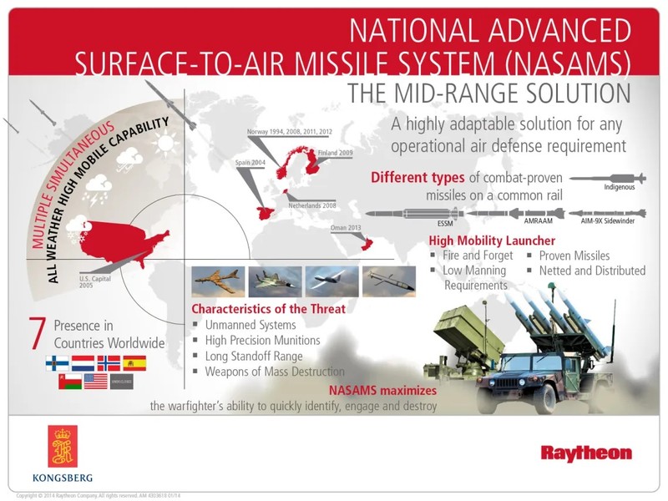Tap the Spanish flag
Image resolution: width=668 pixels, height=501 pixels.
tap(134, 362)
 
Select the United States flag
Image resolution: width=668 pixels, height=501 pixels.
tap(95, 382)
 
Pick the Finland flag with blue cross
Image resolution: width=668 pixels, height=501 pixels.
tap(56, 362)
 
